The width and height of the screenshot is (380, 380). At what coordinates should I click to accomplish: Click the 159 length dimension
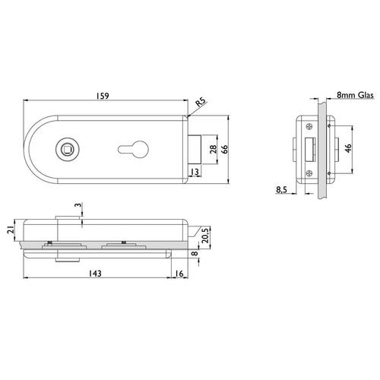[103, 96]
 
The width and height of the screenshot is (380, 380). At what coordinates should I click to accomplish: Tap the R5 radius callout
[201, 102]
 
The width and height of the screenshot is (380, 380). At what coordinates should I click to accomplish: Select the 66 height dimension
[224, 149]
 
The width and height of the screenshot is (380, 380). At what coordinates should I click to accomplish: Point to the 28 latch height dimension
[214, 149]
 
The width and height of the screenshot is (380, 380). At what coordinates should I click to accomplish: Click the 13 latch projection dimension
[195, 172]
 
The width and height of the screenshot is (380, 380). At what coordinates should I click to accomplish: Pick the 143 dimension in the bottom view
[95, 274]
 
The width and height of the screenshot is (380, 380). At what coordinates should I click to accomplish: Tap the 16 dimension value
[179, 274]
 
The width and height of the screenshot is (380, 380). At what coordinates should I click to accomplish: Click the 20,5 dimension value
[205, 236]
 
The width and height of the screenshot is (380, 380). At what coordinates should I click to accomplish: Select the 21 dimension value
[11, 230]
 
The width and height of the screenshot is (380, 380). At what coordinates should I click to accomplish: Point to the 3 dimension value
[79, 205]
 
